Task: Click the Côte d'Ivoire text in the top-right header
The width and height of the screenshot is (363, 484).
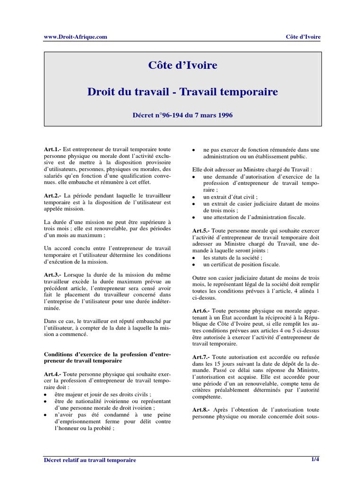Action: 303,37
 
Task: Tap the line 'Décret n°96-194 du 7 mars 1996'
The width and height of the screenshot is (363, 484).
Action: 182,114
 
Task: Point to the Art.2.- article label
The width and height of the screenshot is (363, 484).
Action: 52,195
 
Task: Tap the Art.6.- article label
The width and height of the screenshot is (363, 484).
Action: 201,311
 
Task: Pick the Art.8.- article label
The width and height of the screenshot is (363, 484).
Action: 201,409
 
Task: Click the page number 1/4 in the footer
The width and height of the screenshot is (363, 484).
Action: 315,459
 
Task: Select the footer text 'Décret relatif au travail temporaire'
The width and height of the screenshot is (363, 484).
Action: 90,460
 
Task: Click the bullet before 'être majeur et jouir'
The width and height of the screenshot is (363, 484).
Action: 45,394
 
